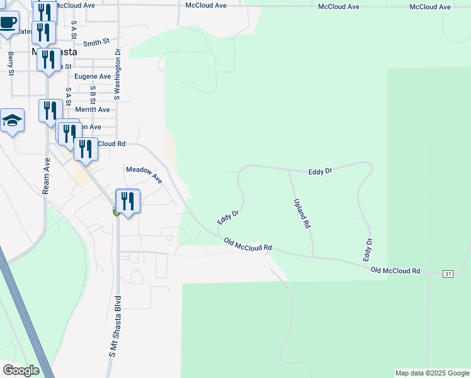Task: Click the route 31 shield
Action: [x=448, y=273]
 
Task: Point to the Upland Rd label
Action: [x=302, y=213]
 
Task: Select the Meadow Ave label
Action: [x=144, y=175]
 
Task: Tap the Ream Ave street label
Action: [x=47, y=176]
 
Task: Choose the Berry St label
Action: [x=11, y=64]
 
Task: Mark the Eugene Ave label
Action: [x=93, y=76]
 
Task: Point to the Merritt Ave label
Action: [x=92, y=109]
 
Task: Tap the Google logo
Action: [x=21, y=370]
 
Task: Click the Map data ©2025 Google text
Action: [x=431, y=373]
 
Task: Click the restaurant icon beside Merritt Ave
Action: [x=50, y=110]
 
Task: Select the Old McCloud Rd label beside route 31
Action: [x=395, y=270]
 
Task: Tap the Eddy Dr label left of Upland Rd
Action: [x=228, y=217]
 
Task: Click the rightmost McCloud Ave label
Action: [x=430, y=6]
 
